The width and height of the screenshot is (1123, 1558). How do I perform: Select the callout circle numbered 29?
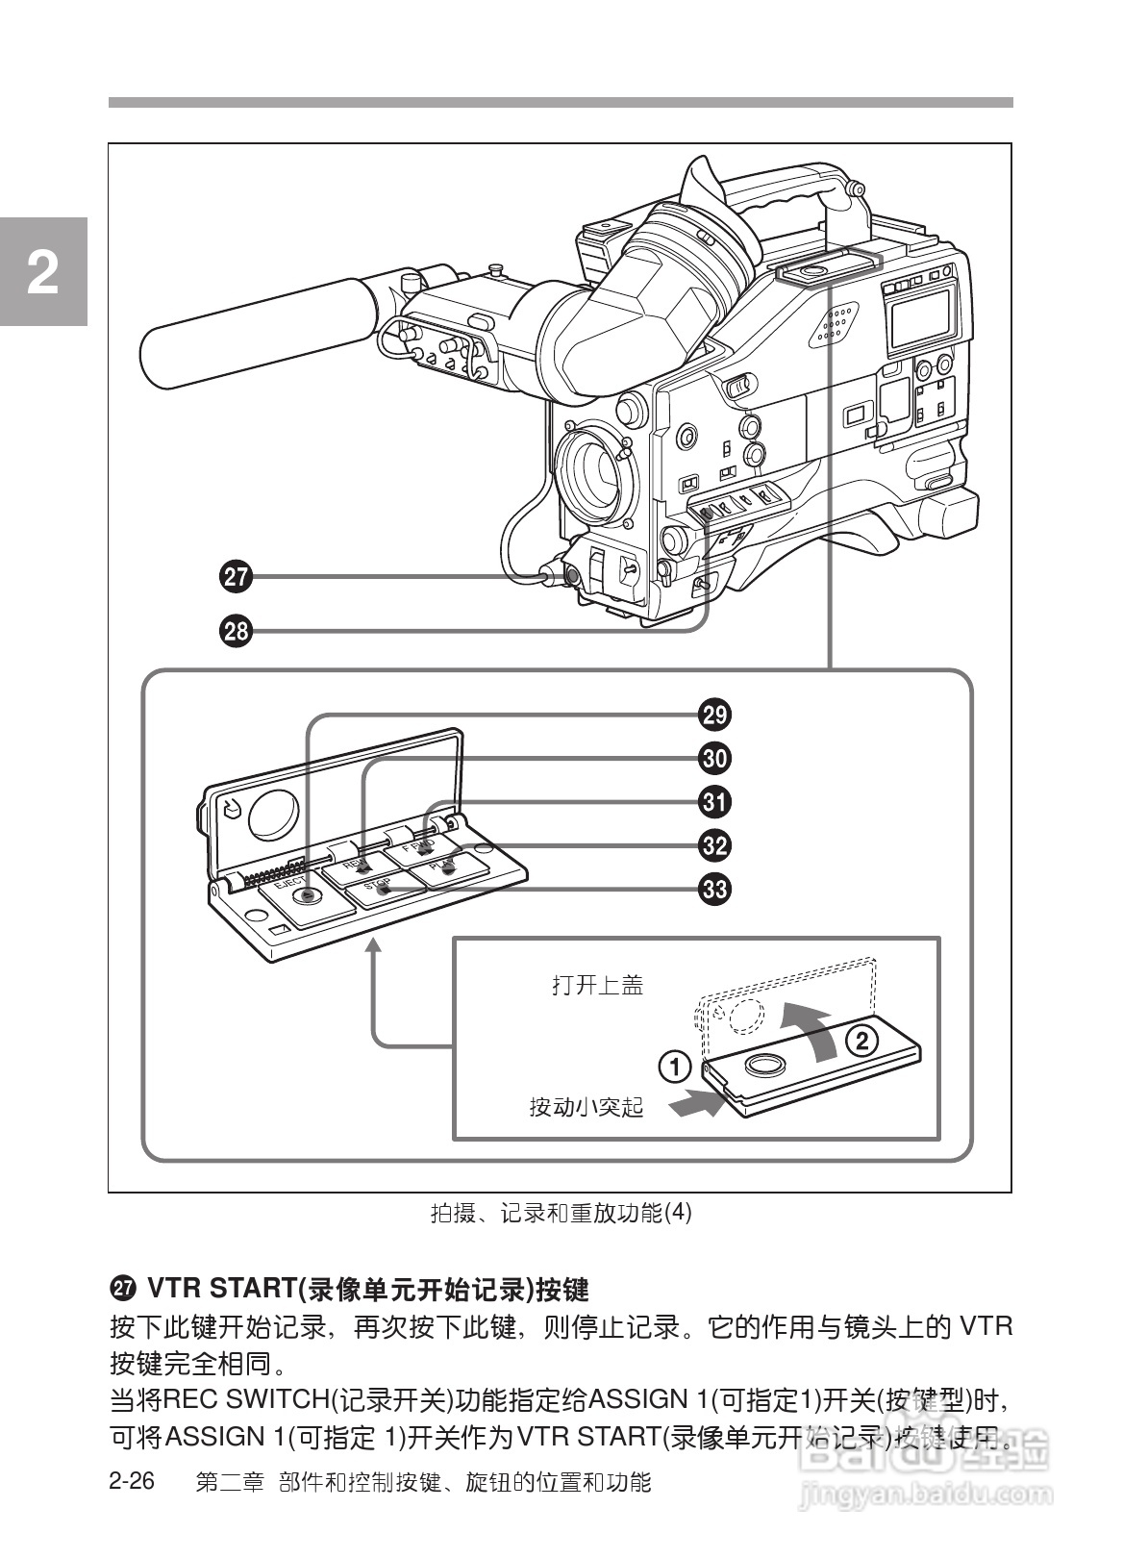[x=714, y=715]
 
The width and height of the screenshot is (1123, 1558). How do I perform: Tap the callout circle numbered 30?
[x=714, y=758]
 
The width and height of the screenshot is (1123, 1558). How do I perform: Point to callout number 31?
[x=714, y=801]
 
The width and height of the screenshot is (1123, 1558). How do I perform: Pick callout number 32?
[x=714, y=845]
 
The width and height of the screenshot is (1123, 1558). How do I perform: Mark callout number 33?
[x=714, y=889]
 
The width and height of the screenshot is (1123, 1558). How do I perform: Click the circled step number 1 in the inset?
[x=675, y=1067]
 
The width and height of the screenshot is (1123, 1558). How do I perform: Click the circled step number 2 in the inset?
[x=861, y=1040]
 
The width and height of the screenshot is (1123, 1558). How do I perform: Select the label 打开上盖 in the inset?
[x=597, y=986]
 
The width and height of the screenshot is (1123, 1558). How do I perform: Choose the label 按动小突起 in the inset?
[x=586, y=1107]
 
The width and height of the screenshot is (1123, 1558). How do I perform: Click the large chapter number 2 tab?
[x=42, y=273]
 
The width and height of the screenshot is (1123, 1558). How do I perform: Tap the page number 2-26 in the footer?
[x=132, y=1481]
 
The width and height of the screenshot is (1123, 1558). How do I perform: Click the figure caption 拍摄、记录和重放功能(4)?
[x=561, y=1213]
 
